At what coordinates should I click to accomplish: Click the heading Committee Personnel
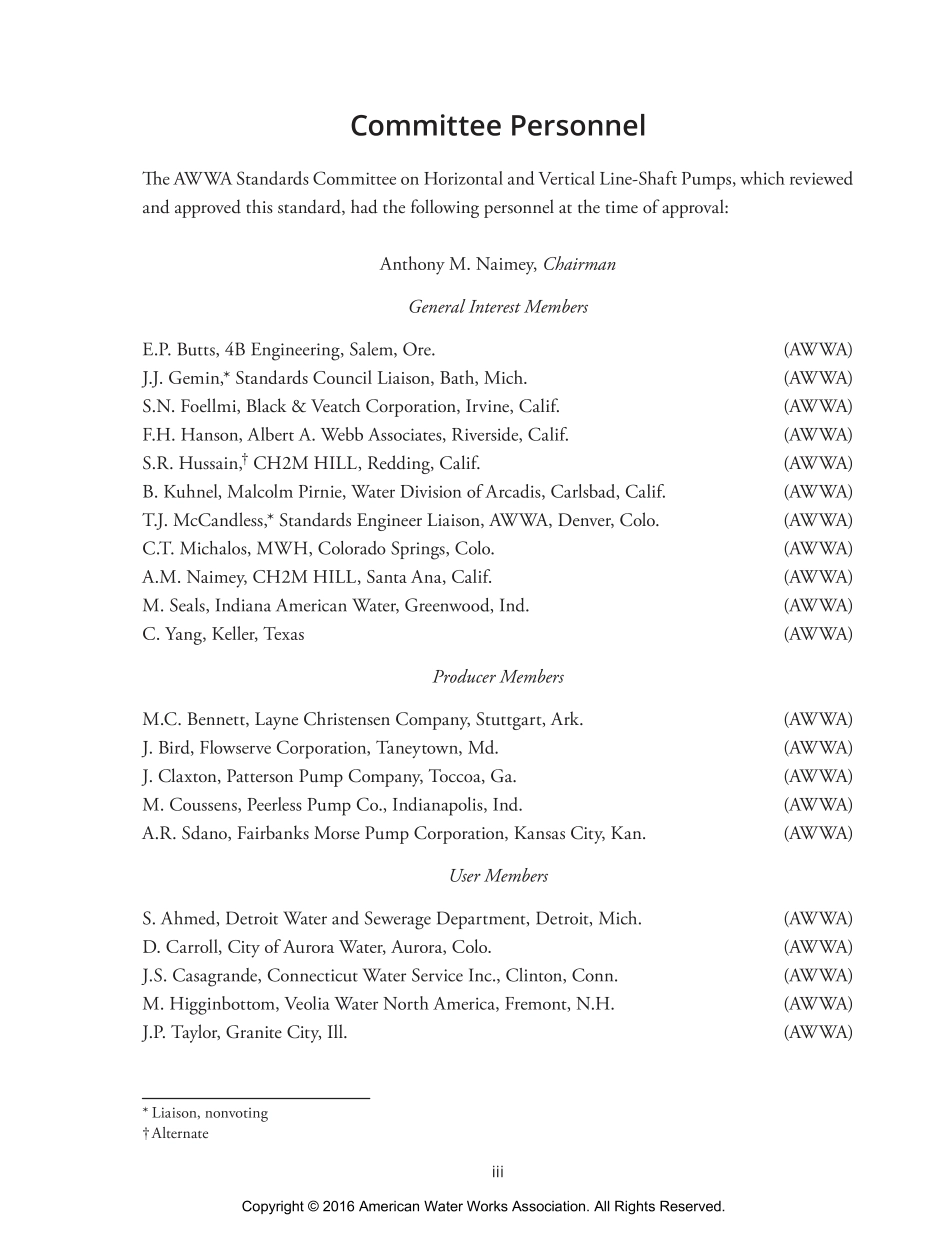pos(498,126)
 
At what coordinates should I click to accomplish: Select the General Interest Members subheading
pos(498,307)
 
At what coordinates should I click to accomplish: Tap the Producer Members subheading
pos(498,677)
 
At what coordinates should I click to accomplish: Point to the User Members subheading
pos(498,876)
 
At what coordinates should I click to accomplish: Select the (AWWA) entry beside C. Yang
pos(818,634)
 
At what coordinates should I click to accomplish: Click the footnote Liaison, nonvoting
pos(210,1113)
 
